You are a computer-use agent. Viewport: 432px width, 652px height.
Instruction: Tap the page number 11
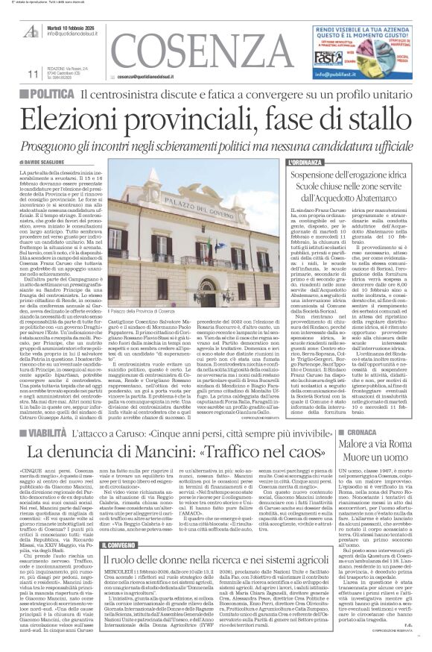point(32,74)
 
